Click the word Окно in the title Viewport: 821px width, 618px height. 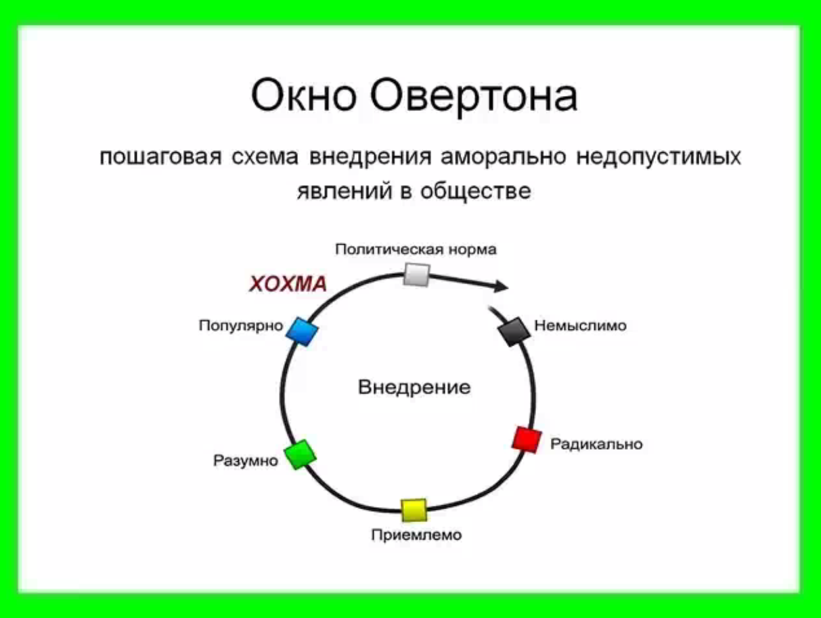coord(303,95)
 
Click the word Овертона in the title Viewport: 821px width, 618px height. coord(474,98)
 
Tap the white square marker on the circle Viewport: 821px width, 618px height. coord(417,275)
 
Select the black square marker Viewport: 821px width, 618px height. coord(514,332)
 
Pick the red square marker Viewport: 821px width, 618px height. coord(527,439)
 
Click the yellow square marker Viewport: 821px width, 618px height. coord(414,510)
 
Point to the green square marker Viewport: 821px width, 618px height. coord(301,454)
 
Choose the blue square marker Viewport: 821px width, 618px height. coord(302,332)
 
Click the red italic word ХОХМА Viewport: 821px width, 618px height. coord(288,284)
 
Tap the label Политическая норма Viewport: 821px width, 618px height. coord(416,249)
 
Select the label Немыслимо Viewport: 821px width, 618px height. coord(581,325)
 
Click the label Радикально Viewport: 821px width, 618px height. coord(596,444)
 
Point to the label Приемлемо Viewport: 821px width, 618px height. coord(417,535)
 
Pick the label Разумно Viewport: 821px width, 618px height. coord(246,460)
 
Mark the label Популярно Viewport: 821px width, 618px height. coord(241,326)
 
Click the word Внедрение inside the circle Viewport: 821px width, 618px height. coord(414,387)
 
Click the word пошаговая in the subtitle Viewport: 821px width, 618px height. coord(161,157)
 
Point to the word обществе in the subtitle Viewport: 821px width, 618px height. coord(476,191)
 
